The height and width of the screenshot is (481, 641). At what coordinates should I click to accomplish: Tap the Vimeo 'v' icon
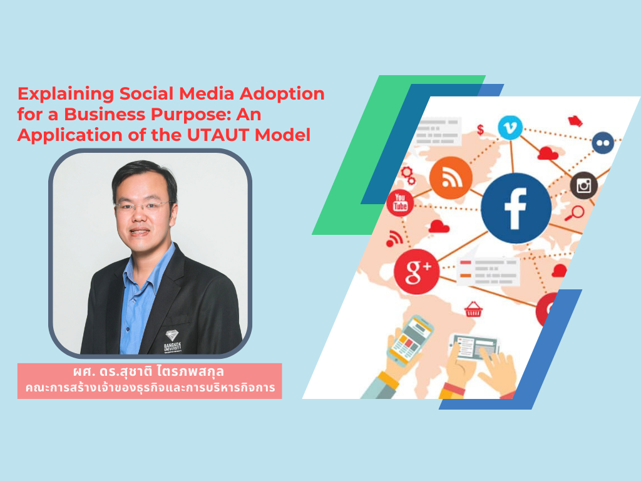(510, 128)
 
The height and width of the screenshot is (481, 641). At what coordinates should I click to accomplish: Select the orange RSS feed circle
(451, 177)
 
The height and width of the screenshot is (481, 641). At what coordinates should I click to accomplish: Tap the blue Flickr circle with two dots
(602, 143)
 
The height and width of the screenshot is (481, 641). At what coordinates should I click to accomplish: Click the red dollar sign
(481, 130)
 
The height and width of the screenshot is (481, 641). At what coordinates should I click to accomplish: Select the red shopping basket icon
(473, 309)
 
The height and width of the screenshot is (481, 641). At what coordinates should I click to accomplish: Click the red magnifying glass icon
(573, 214)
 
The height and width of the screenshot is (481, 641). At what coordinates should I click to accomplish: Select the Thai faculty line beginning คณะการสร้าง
(150, 388)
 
